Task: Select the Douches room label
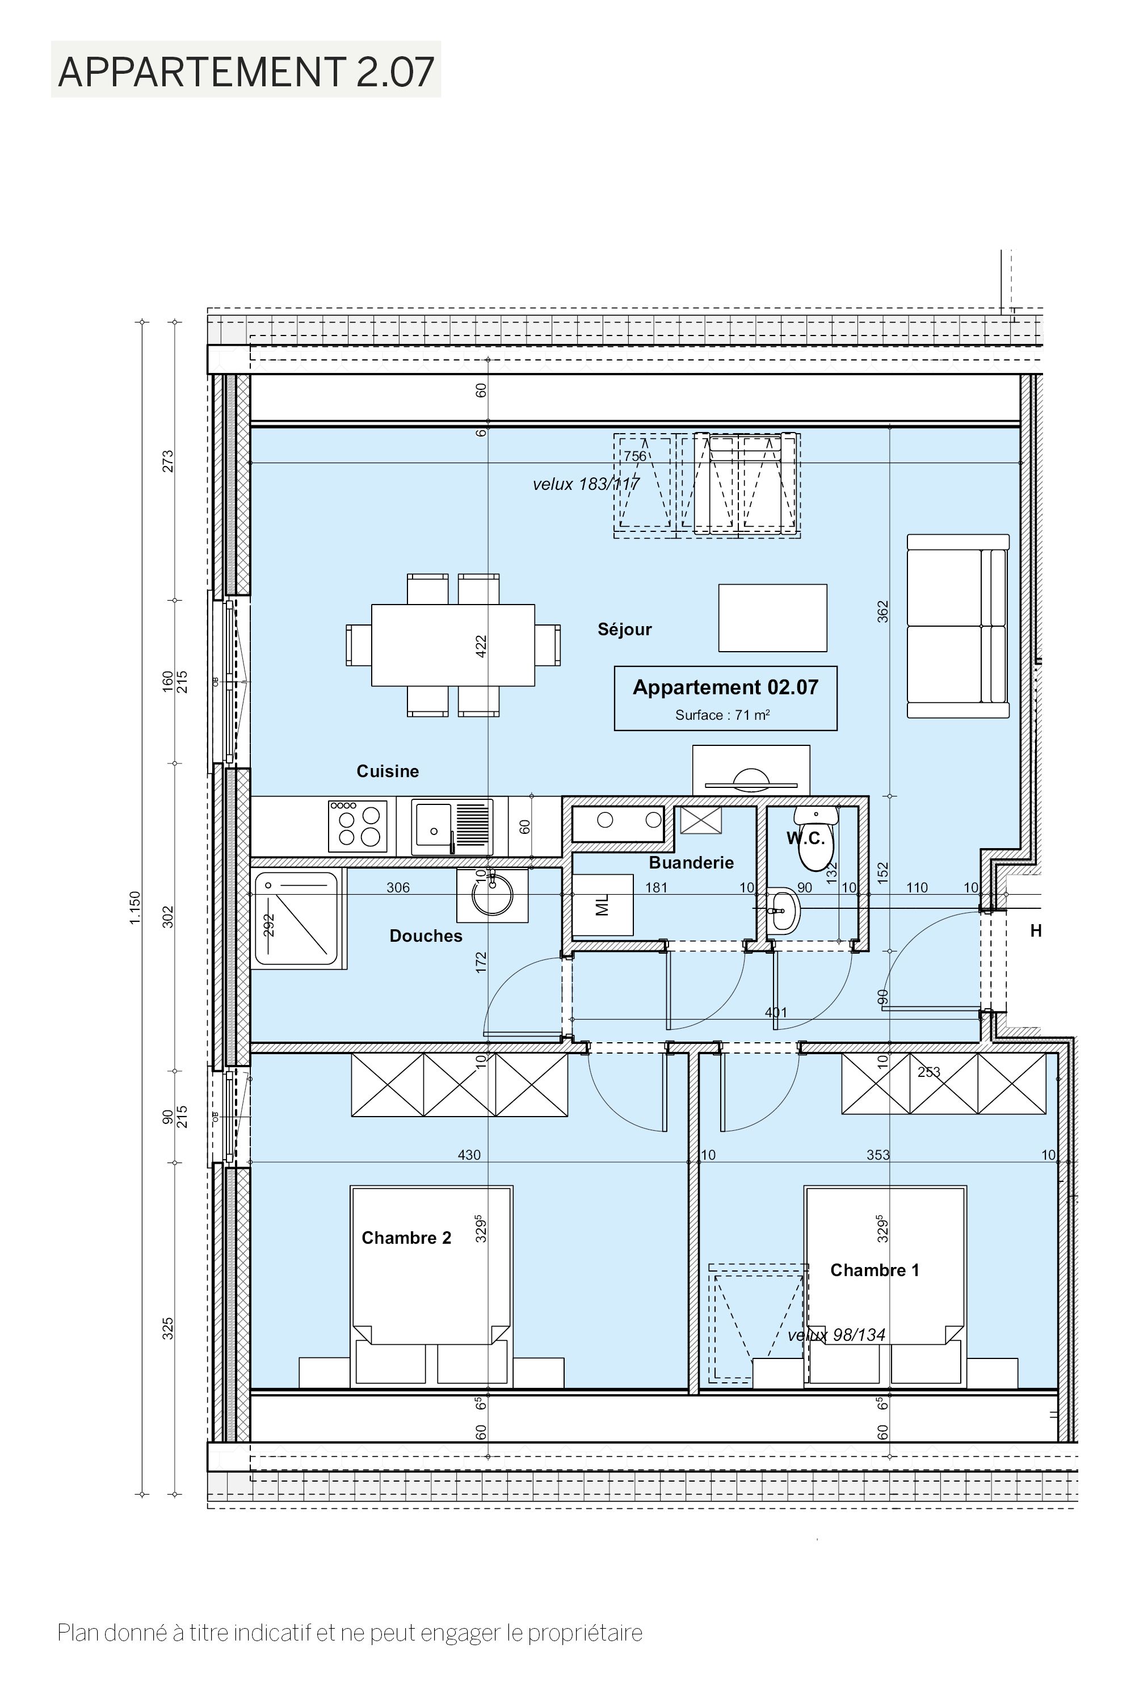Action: (x=426, y=936)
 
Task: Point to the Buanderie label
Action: (x=691, y=862)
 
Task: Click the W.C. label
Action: (x=806, y=838)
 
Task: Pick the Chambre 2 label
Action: (x=406, y=1238)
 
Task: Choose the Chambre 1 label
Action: (x=875, y=1270)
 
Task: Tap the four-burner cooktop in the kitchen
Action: (x=358, y=826)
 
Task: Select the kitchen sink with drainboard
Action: (x=452, y=827)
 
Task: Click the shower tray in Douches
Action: (x=297, y=920)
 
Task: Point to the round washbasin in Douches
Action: (x=492, y=896)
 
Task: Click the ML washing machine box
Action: (x=603, y=905)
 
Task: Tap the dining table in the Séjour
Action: (x=453, y=645)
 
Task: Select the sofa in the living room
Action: (x=959, y=626)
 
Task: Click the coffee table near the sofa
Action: (x=772, y=618)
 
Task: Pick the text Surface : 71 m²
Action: (x=722, y=715)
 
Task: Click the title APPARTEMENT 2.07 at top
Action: (x=246, y=71)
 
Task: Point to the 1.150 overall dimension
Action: (x=134, y=908)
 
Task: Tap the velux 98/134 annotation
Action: (x=836, y=1335)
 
